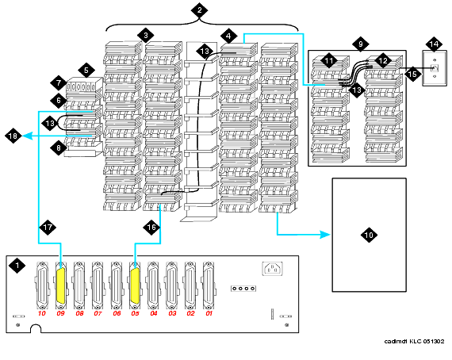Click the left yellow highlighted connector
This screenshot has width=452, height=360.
pyautogui.click(x=60, y=285)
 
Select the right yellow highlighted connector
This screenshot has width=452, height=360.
pyautogui.click(x=135, y=285)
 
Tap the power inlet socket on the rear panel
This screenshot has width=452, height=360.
pyautogui.click(x=271, y=270)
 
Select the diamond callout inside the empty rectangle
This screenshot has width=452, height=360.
pyautogui.click(x=367, y=234)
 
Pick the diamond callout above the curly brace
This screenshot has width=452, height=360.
pyautogui.click(x=199, y=10)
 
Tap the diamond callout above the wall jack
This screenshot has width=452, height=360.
pyautogui.click(x=433, y=43)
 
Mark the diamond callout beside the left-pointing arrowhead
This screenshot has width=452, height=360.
pyautogui.click(x=13, y=137)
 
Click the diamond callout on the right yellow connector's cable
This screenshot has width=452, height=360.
pyautogui.click(x=151, y=228)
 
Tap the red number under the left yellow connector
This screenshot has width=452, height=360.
pyautogui.click(x=60, y=313)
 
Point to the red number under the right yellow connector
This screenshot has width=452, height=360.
pyautogui.click(x=135, y=313)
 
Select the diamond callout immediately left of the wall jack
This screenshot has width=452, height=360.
pyautogui.click(x=413, y=73)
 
